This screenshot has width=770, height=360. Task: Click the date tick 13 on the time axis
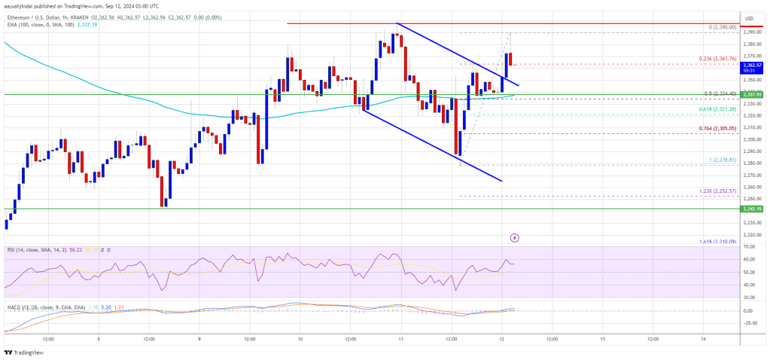click(x=602, y=338)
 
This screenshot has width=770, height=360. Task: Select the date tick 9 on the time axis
click(x=199, y=338)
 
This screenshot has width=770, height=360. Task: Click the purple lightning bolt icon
click(x=515, y=237)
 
